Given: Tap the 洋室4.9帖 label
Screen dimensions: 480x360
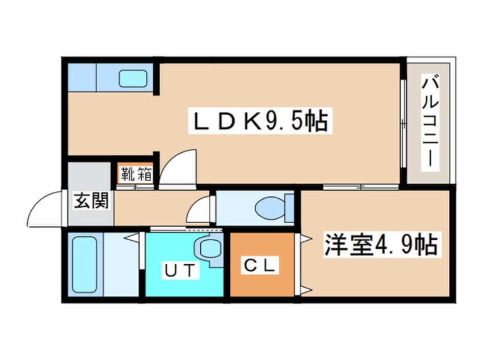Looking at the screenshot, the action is (381, 245).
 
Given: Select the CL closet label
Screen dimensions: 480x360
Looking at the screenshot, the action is (260, 265).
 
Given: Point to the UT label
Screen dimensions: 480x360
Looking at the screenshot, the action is (180, 270).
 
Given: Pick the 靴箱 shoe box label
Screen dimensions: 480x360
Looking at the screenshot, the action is (136, 174).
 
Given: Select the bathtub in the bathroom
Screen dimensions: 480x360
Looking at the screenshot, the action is (85, 265).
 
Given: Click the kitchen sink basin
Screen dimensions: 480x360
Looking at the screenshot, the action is (133, 78).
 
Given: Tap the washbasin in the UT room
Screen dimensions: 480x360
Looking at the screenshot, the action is (209, 249).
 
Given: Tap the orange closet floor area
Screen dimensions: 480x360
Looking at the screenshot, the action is (262, 265).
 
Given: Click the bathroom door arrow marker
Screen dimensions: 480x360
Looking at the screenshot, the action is (132, 238).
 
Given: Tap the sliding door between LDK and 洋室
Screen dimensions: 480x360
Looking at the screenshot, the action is (361, 187).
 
